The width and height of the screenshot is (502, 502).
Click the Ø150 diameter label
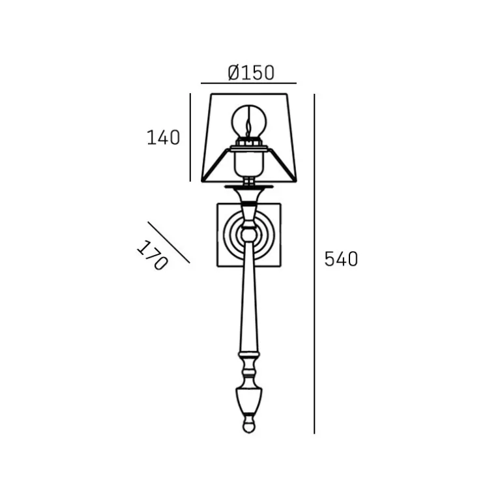point(251,72)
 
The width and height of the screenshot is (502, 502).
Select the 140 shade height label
point(163,138)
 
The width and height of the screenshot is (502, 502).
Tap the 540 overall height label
point(341,259)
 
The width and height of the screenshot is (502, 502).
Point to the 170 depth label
point(153,255)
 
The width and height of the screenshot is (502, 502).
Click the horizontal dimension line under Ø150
point(249,83)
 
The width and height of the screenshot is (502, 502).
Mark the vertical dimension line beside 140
point(190,138)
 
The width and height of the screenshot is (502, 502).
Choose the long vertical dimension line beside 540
point(314,264)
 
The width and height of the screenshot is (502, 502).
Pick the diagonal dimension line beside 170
point(169,243)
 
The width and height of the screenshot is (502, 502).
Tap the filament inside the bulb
point(248,128)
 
